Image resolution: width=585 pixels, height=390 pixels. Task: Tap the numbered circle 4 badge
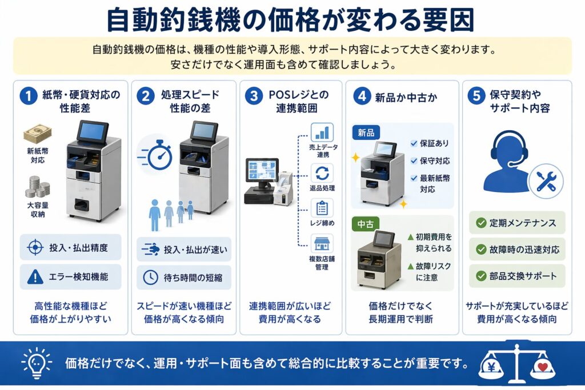tap(361, 96)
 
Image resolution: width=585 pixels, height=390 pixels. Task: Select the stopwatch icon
tap(156, 154)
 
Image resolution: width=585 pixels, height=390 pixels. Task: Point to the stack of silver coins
tap(38, 186)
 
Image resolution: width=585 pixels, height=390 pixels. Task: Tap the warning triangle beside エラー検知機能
tap(35, 277)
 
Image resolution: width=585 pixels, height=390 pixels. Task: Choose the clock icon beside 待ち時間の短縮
tap(150, 278)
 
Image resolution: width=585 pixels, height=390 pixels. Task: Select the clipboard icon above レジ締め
tap(322, 208)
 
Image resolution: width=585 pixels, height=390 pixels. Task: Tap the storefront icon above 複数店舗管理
tap(322, 244)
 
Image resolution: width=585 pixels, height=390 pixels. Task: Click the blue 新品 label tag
tap(367, 132)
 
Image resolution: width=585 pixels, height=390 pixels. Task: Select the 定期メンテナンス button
tap(516, 223)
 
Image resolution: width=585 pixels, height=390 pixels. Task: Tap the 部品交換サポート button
tap(516, 276)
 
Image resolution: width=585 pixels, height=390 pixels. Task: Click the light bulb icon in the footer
tap(35, 363)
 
